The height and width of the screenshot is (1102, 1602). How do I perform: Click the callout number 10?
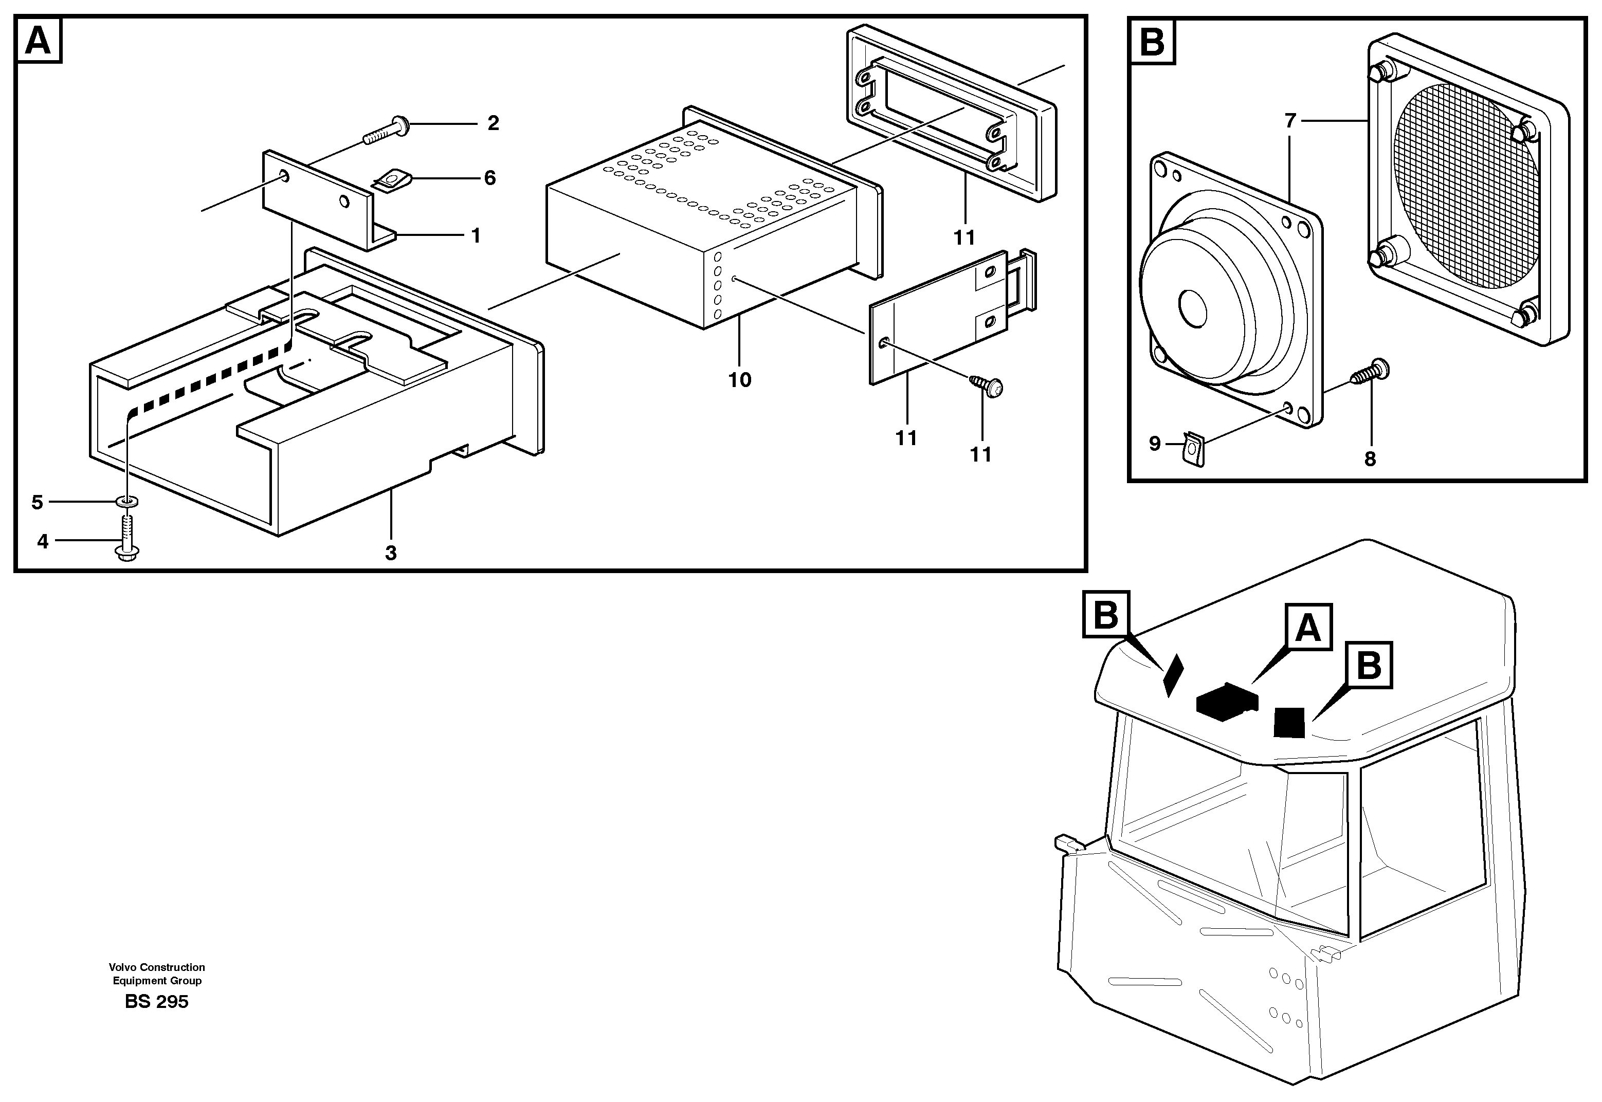click(x=739, y=380)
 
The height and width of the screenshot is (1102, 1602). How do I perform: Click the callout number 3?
click(x=391, y=553)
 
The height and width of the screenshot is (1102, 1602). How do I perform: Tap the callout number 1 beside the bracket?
click(x=475, y=236)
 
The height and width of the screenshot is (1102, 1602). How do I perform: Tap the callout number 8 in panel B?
click(x=1370, y=458)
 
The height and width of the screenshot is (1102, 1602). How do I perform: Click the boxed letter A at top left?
click(x=38, y=42)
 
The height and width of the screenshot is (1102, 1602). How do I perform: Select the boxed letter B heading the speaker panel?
click(x=1152, y=42)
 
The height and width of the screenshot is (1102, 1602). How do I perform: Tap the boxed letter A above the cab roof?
click(x=1308, y=628)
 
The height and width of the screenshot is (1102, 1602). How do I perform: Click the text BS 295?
click(x=157, y=1002)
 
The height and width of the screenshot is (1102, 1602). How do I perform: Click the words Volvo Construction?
click(x=157, y=967)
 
